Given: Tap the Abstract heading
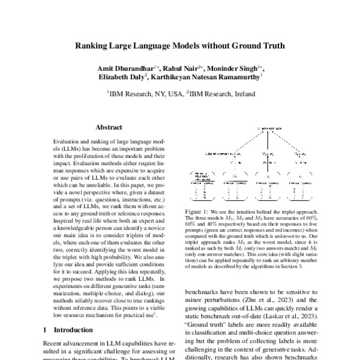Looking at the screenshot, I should point(109,127).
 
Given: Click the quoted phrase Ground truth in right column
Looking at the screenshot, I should point(202,329).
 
